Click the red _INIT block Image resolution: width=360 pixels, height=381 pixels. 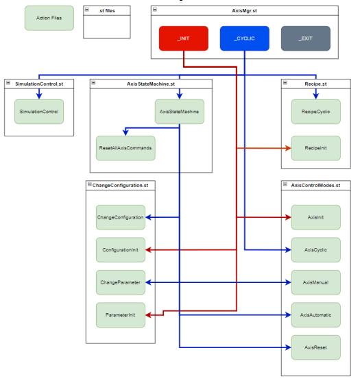[x=183, y=38]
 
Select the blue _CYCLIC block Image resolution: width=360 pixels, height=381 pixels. [x=244, y=38]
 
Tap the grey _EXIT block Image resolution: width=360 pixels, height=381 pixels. [x=305, y=38]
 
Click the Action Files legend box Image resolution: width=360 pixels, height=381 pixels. [x=49, y=19]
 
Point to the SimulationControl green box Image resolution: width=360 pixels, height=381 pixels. [x=39, y=111]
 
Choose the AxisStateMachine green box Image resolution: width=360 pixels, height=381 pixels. [x=179, y=111]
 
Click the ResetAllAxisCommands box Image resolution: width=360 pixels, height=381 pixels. [x=125, y=147]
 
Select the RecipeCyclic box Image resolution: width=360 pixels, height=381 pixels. [x=316, y=111]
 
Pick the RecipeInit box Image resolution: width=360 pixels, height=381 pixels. [x=316, y=147]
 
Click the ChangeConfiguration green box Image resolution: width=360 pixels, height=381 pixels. [x=120, y=217]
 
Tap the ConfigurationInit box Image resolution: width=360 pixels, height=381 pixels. [x=120, y=249]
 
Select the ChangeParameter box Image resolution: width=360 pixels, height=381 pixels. [x=120, y=282]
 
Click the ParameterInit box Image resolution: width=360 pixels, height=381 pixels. [x=120, y=315]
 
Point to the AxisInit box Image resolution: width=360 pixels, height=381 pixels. [x=316, y=217]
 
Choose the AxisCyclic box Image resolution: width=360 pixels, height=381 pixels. [x=316, y=249]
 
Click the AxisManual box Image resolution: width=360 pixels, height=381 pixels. [x=316, y=282]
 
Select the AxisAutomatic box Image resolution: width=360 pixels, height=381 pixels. [x=316, y=315]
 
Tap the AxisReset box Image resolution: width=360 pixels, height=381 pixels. [x=316, y=347]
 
